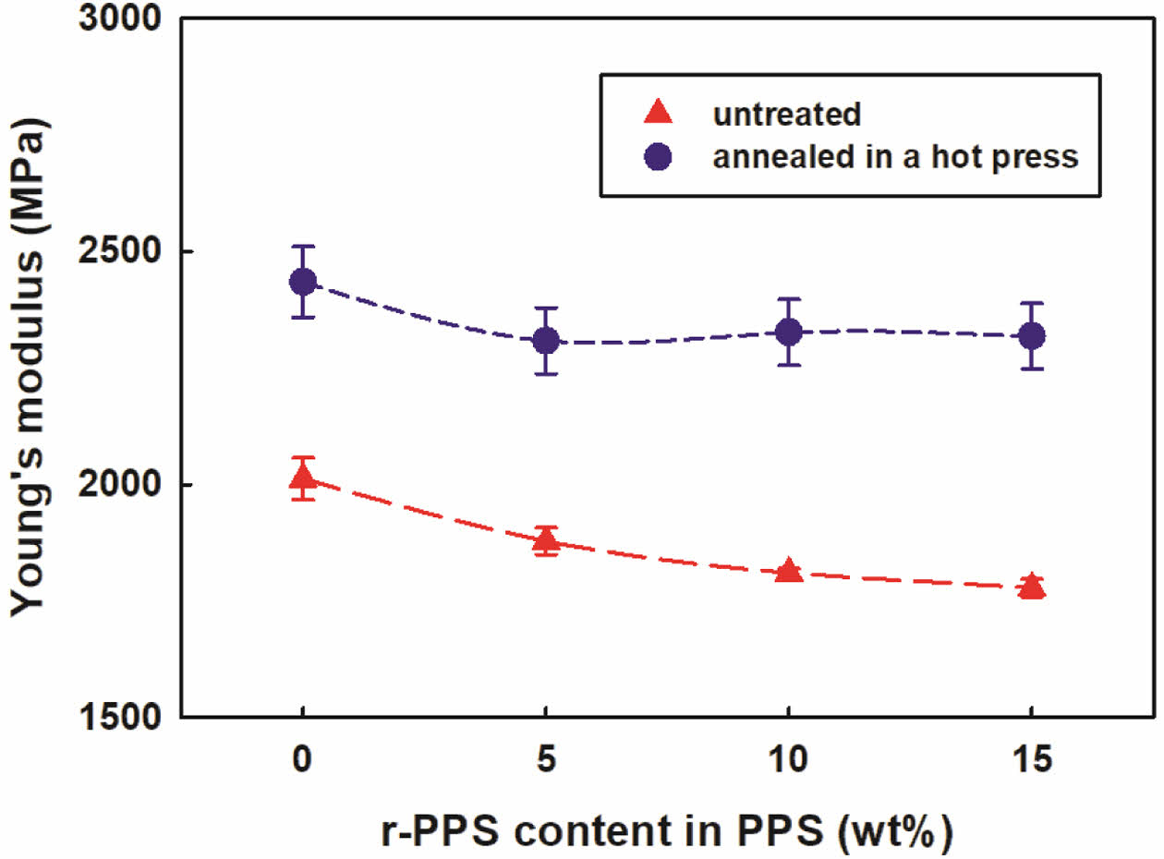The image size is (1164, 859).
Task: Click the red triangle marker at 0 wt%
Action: [302, 478]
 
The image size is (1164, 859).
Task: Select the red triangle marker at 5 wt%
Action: [546, 540]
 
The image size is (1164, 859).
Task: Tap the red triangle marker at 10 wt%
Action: [788, 570]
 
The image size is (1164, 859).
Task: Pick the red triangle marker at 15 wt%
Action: [1031, 587]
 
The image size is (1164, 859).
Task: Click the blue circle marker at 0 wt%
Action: [302, 281]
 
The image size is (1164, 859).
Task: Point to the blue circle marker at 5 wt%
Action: [546, 341]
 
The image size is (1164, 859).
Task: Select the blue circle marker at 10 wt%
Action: [788, 332]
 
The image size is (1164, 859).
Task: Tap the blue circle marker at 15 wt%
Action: [1031, 335]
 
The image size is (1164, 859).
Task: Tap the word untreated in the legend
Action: [786, 115]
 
